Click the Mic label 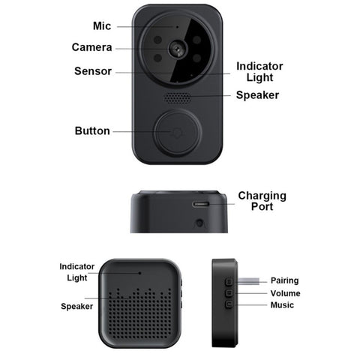(x=102, y=26)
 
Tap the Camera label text (x=91, y=47)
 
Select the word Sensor (x=93, y=71)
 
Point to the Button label (x=92, y=130)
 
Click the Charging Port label (x=262, y=201)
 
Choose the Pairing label (x=284, y=280)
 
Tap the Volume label (x=285, y=293)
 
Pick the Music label (x=282, y=305)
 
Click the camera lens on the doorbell (x=178, y=49)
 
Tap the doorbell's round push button (x=178, y=133)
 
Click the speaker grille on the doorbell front (x=177, y=97)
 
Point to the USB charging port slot (x=200, y=204)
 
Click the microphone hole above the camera (x=177, y=26)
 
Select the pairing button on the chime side (x=229, y=282)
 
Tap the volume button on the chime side (x=229, y=292)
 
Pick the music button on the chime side (x=229, y=304)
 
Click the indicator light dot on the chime (x=140, y=273)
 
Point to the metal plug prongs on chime (x=248, y=281)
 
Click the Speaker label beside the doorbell (x=257, y=95)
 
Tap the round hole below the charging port (x=199, y=223)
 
